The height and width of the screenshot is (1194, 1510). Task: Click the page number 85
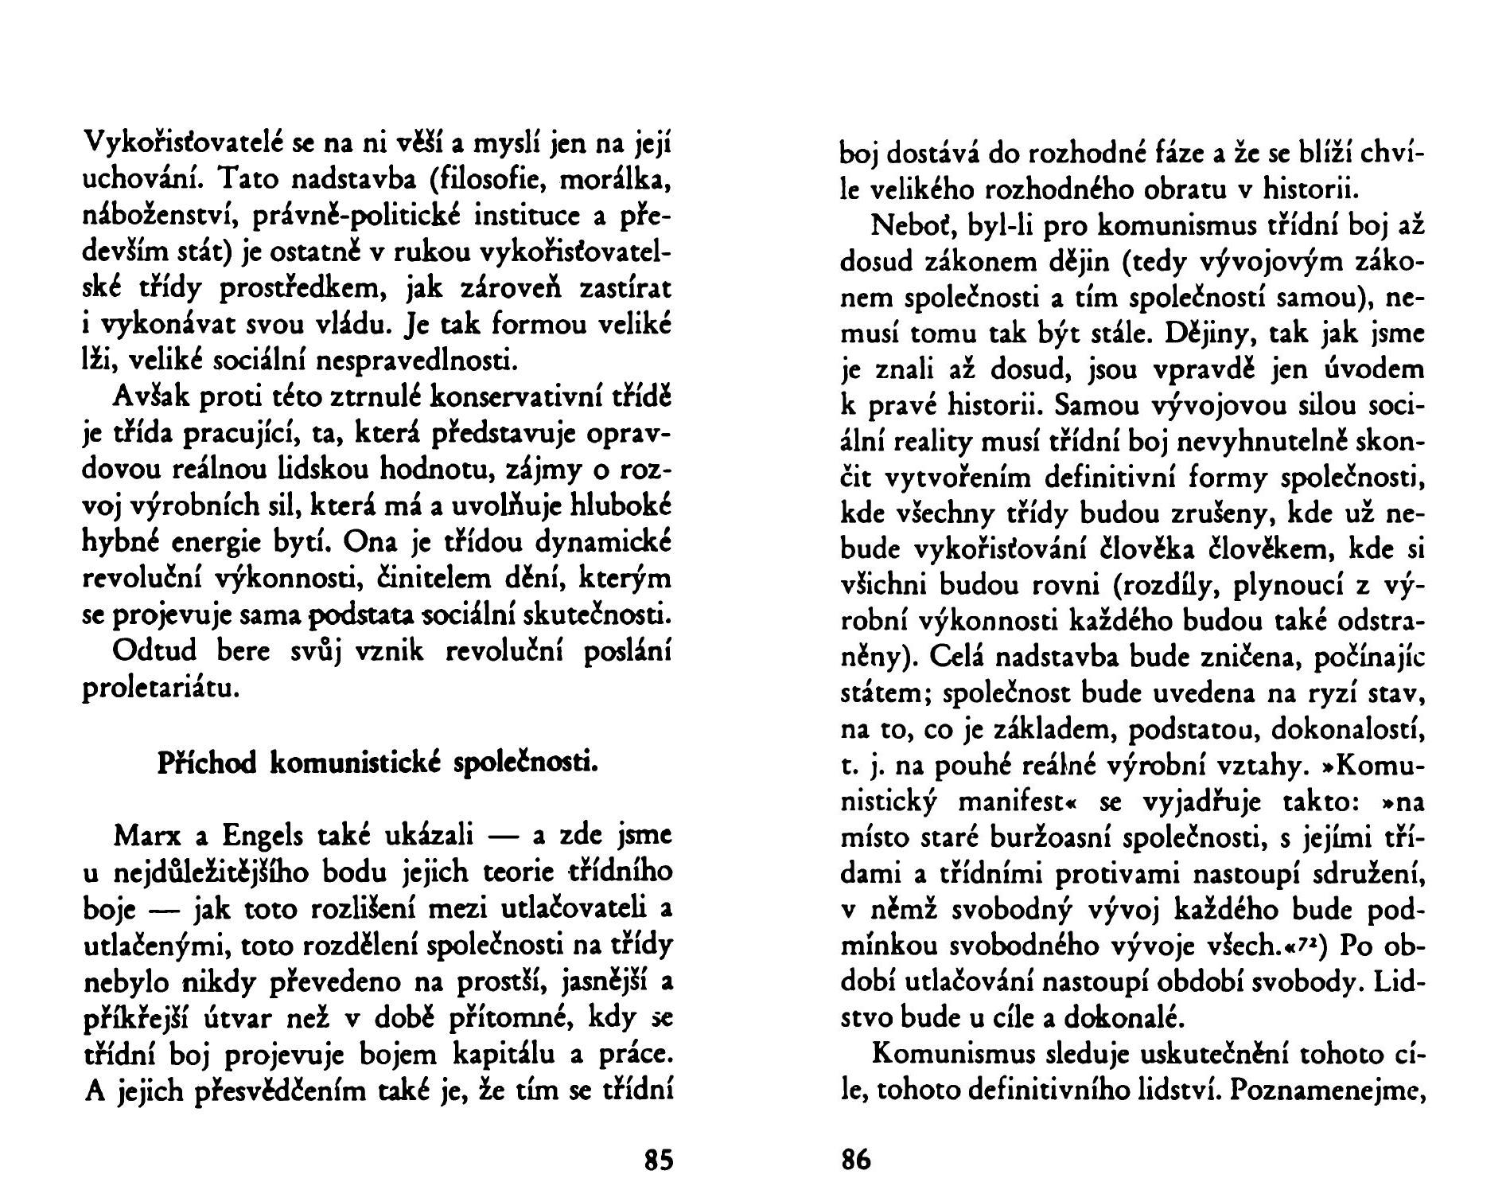[x=658, y=1160]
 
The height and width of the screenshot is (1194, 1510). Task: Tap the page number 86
[x=856, y=1160]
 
